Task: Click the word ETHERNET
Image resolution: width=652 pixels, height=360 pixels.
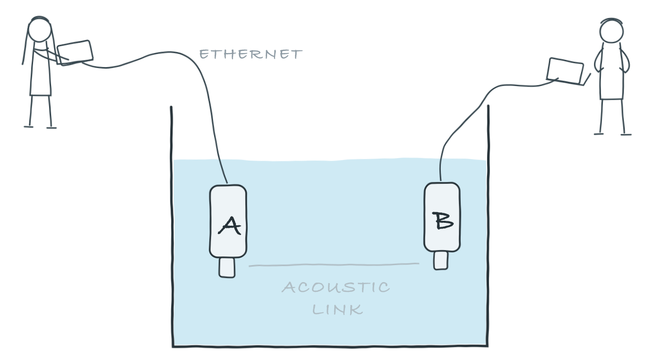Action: (x=251, y=54)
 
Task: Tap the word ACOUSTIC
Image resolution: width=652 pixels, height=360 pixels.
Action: (x=336, y=287)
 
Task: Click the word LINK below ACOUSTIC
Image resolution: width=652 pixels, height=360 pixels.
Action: (x=338, y=310)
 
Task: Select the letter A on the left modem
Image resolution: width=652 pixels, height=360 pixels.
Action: (x=230, y=225)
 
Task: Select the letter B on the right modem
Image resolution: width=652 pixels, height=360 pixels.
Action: (x=442, y=220)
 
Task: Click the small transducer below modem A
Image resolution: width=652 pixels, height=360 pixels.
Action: (x=227, y=268)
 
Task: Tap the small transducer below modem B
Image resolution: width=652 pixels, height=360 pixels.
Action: (x=441, y=260)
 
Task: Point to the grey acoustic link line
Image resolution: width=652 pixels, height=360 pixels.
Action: (x=334, y=265)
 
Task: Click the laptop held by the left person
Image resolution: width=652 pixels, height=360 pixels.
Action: (x=75, y=53)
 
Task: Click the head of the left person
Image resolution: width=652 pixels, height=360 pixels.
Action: (x=39, y=29)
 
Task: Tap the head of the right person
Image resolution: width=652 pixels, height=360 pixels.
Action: (x=612, y=31)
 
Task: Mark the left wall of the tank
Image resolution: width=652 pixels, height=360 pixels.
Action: (x=172, y=226)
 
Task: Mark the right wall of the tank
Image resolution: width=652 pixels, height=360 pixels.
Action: (x=488, y=226)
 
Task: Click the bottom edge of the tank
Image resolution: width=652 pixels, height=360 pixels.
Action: (x=330, y=346)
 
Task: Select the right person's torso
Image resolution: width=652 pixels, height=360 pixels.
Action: (x=612, y=71)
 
